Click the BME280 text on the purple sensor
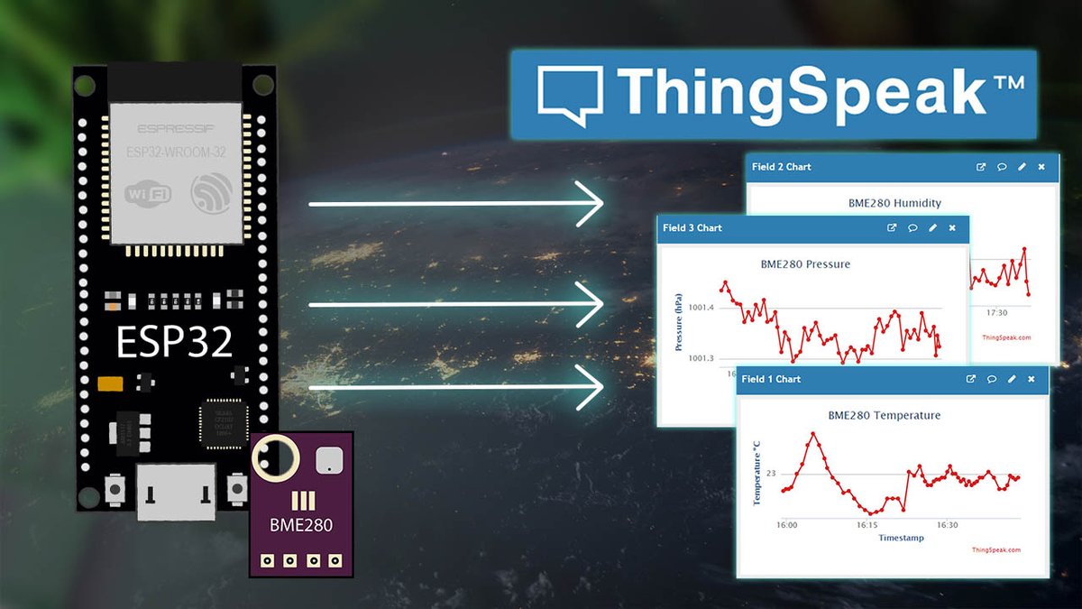pos(301,524)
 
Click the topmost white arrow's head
pos(591,204)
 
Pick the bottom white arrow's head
pos(591,389)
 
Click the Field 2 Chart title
pos(782,167)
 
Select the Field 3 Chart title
pos(692,228)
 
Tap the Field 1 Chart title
pos(771,379)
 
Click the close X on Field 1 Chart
pos(1032,379)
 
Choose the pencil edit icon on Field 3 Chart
pos(932,228)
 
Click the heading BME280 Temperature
pos(884,416)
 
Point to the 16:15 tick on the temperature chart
pos(867,524)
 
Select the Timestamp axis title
pos(901,538)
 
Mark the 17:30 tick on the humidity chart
pos(996,312)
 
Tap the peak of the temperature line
pos(813,433)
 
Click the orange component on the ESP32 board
pos(110,383)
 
